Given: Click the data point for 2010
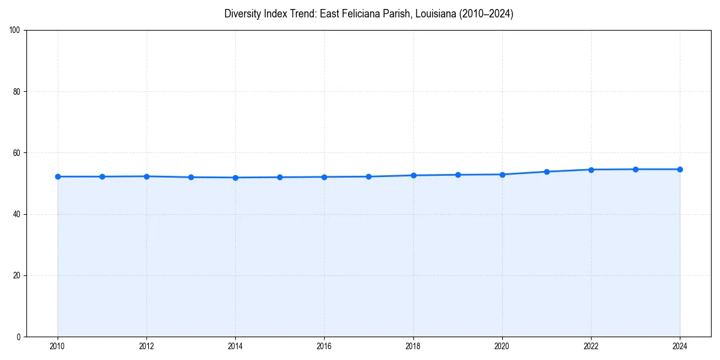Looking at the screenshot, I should coord(58,176).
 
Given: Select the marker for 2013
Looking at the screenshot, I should coord(191,177).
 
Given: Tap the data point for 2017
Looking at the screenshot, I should coord(368,176).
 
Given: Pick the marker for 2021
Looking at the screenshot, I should coord(547,172).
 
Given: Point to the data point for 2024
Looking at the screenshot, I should coord(680,169).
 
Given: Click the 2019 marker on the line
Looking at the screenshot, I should coord(458,175).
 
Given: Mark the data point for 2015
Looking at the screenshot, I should coord(280,177).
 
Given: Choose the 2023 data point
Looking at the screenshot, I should coord(635,169).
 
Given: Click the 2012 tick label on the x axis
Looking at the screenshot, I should coord(146,346).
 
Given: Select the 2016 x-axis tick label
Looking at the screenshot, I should coord(324,346).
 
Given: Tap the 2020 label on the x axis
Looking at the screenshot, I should coord(502,346).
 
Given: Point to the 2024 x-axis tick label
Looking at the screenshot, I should coord(680,346).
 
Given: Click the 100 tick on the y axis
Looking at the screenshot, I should coord(16,31).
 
